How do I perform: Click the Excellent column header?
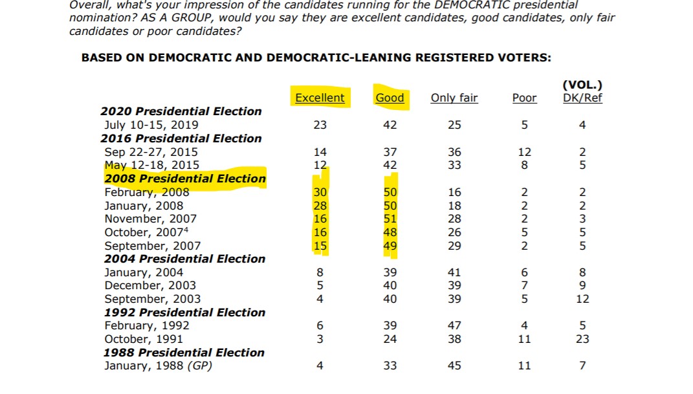(320, 98)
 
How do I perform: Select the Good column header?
(390, 98)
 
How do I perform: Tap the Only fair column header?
(454, 98)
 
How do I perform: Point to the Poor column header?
(524, 98)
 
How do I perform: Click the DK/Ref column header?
(582, 98)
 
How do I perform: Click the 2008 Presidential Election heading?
(185, 179)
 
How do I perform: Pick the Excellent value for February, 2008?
(320, 192)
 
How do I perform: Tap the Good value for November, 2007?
(390, 219)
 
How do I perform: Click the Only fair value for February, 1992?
(454, 325)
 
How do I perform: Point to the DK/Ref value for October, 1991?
(582, 339)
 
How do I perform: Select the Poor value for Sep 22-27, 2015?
(524, 152)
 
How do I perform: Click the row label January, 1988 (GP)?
(158, 366)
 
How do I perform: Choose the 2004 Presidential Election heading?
(185, 259)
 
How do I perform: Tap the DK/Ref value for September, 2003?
(582, 299)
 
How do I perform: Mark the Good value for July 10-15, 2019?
(390, 125)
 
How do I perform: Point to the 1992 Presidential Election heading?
(185, 312)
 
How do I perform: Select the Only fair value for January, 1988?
(454, 366)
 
